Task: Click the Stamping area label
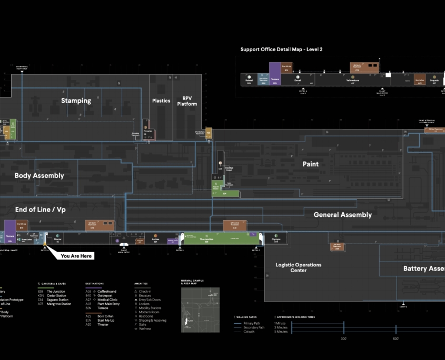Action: tap(76, 101)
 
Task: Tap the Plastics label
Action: tap(161, 101)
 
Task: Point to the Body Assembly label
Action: tap(39, 176)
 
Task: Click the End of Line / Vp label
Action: tap(41, 209)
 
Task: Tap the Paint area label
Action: tap(311, 164)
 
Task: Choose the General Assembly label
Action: tap(342, 215)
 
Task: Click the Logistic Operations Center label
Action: tap(298, 267)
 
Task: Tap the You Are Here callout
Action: tap(76, 256)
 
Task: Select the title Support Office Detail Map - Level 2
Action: tap(281, 49)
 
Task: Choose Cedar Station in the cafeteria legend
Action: tap(56, 295)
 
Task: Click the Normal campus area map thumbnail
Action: tap(200, 303)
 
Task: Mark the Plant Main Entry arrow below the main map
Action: tap(124, 246)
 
